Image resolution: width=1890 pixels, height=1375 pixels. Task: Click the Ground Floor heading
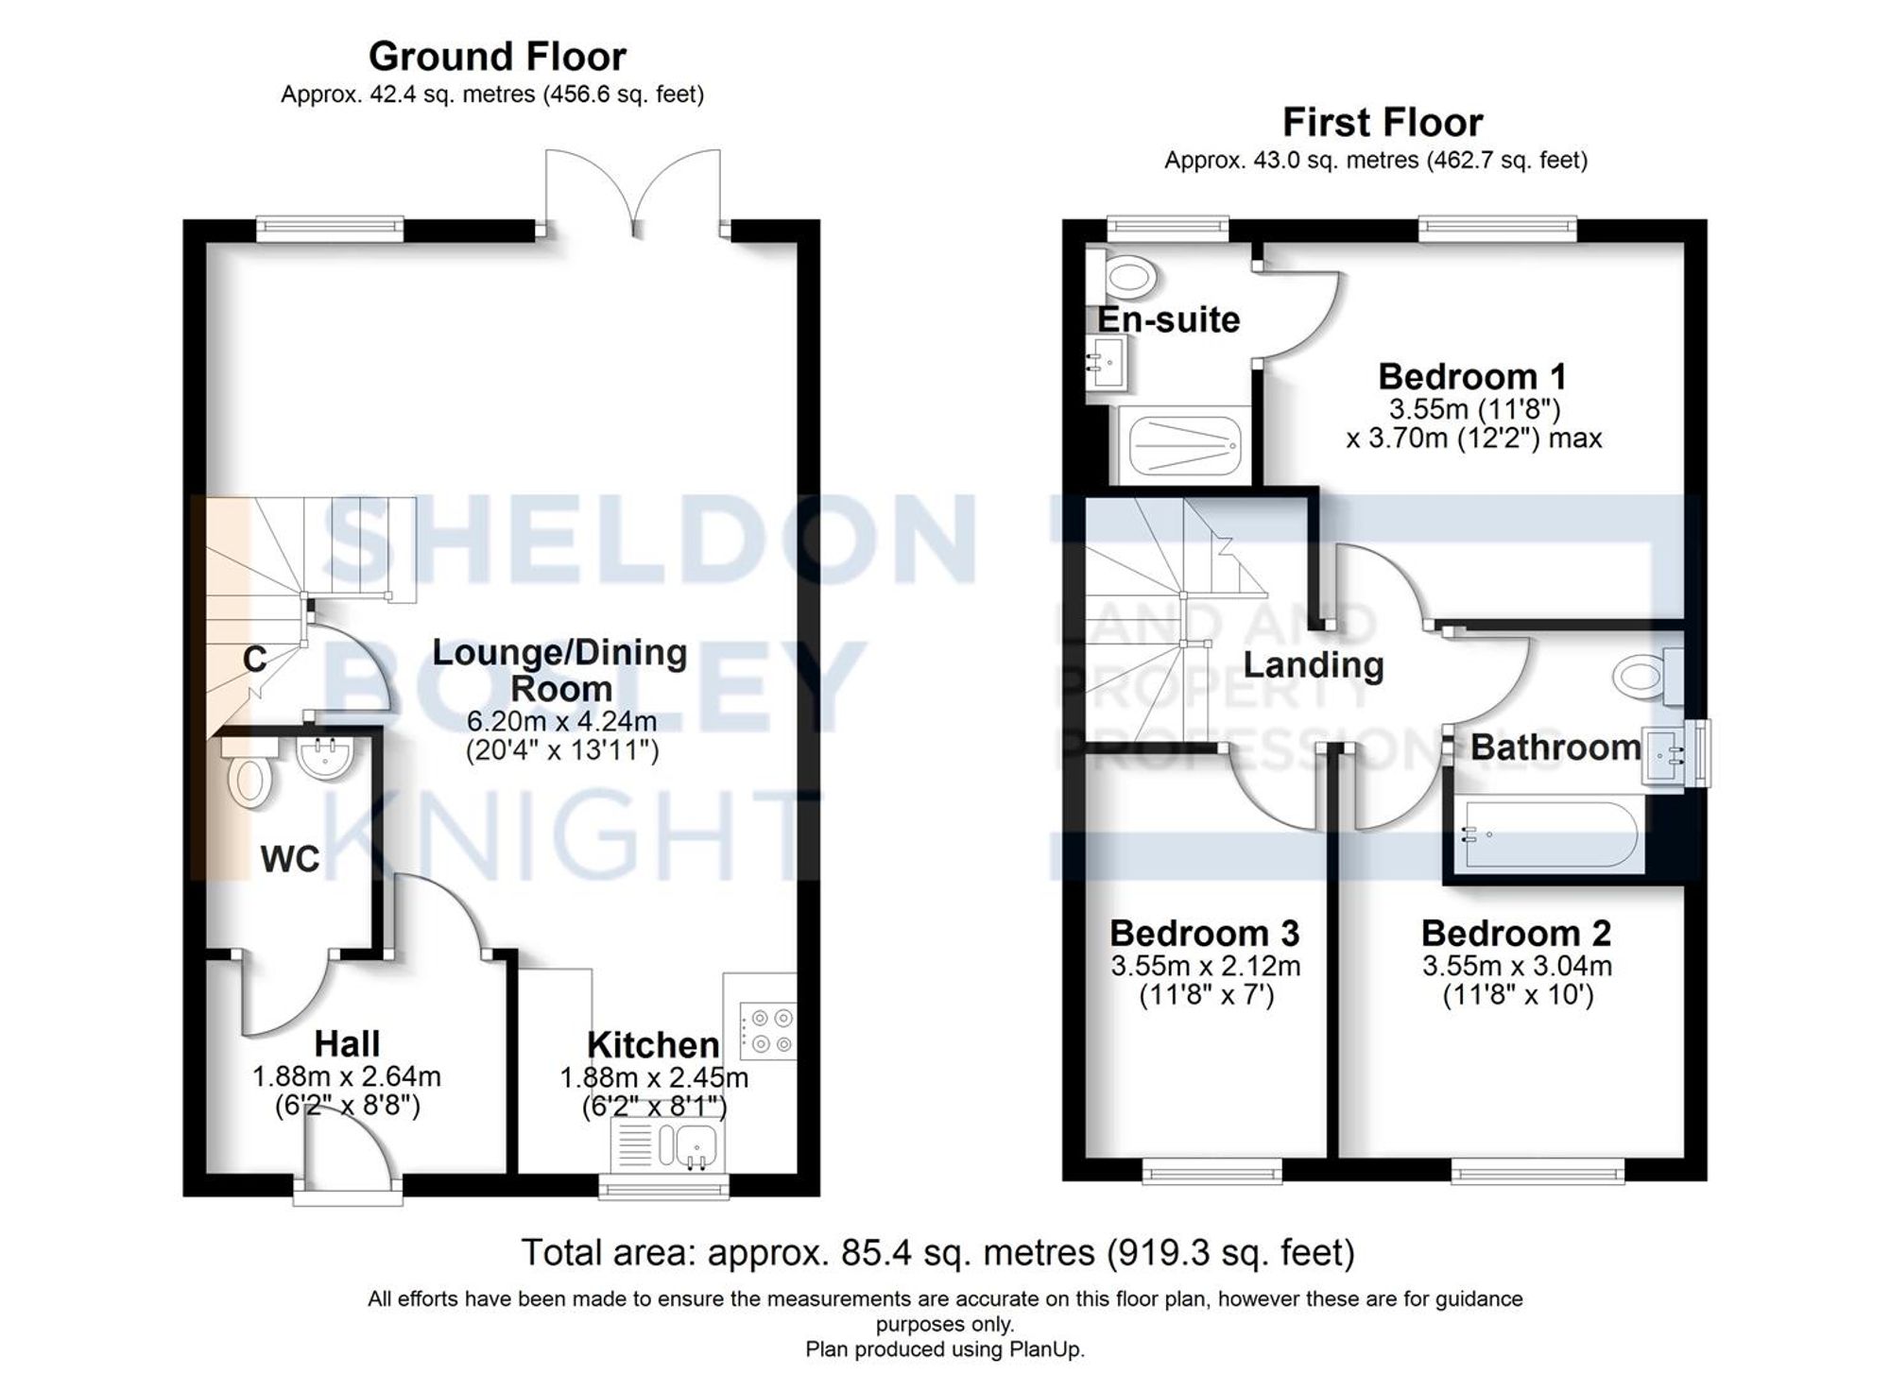point(497,57)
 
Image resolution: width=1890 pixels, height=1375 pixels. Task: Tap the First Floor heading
point(1382,123)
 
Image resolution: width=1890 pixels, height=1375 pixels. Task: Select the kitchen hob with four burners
point(768,1030)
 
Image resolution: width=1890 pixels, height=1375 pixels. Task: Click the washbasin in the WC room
point(324,759)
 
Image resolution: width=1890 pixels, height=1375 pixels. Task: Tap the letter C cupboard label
point(254,659)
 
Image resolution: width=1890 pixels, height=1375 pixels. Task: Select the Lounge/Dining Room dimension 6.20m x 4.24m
point(561,721)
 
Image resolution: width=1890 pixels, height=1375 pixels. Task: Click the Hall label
point(347,1044)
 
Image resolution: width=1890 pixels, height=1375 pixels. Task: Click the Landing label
point(1313,665)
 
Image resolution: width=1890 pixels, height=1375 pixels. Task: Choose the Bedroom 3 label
point(1204,933)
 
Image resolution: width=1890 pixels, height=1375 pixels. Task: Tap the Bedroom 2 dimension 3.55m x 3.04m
point(1517,966)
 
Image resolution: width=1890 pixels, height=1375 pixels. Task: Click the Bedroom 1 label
point(1471,376)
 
